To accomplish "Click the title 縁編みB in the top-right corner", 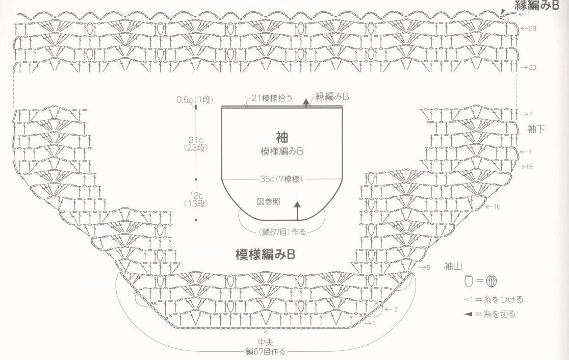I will pos(533,6).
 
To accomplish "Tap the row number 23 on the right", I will pos(532,29).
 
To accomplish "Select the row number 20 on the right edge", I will pos(532,67).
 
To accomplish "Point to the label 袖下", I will pos(536,129).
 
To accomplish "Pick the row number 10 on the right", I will pos(497,207).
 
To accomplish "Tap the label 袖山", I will pos(452,266).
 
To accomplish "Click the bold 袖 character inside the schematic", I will pos(282,137).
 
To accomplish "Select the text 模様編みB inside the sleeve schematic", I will pos(282,151).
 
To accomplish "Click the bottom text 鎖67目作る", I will pos(265,352).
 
